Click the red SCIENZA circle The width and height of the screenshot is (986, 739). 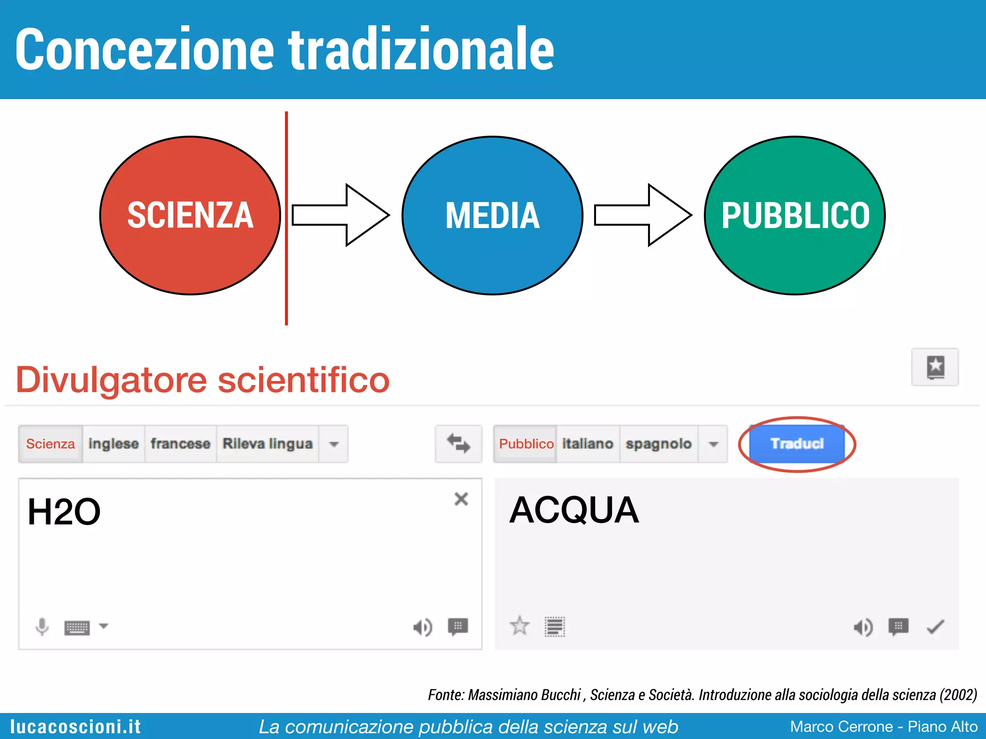[x=190, y=215]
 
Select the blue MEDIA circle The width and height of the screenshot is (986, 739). [x=492, y=215]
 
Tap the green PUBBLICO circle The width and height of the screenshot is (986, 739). [x=794, y=215]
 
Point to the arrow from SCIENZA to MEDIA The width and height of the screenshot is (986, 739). [x=340, y=215]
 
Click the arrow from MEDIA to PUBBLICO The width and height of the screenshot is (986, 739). [x=643, y=215]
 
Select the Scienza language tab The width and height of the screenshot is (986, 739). [x=51, y=444]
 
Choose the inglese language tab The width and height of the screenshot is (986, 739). [x=114, y=444]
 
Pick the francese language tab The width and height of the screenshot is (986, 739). [x=181, y=444]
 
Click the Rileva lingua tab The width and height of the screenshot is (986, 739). [x=267, y=444]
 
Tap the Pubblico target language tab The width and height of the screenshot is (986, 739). [x=526, y=444]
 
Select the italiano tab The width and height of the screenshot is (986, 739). [x=587, y=444]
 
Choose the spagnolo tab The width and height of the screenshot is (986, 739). [x=658, y=444]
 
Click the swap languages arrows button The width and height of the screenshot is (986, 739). [x=458, y=444]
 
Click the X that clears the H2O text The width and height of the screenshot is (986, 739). [x=461, y=499]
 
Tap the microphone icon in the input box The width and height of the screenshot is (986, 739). [x=42, y=626]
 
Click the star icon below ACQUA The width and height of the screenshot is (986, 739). [x=519, y=626]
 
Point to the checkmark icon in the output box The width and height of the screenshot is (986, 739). [x=935, y=627]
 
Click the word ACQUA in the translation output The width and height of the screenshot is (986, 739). [x=574, y=510]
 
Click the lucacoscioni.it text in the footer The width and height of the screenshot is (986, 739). [x=76, y=726]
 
